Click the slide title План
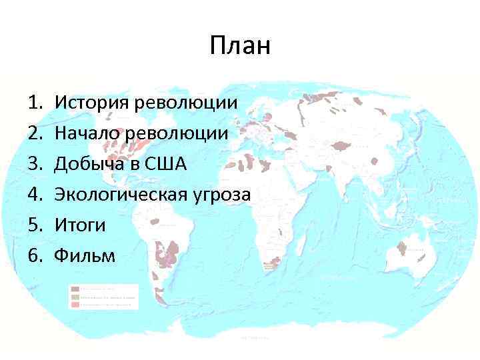click(240, 46)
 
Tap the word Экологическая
click(123, 195)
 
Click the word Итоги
click(80, 225)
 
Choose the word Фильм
click(85, 255)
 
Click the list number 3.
click(35, 164)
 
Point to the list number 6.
click(35, 255)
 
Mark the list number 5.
click(35, 225)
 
